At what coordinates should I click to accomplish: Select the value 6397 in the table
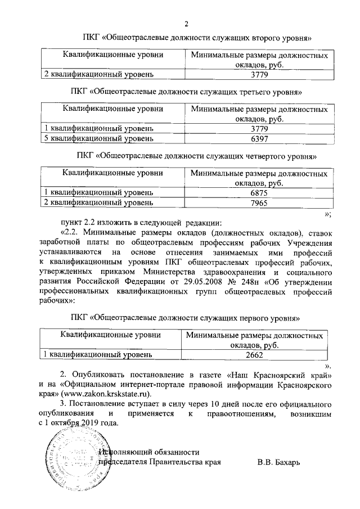point(259,138)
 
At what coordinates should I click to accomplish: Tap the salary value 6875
point(259,192)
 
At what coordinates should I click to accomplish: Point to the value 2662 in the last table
point(254,355)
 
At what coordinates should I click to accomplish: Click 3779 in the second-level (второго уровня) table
point(259,74)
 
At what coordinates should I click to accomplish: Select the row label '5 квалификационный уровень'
point(98,138)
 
